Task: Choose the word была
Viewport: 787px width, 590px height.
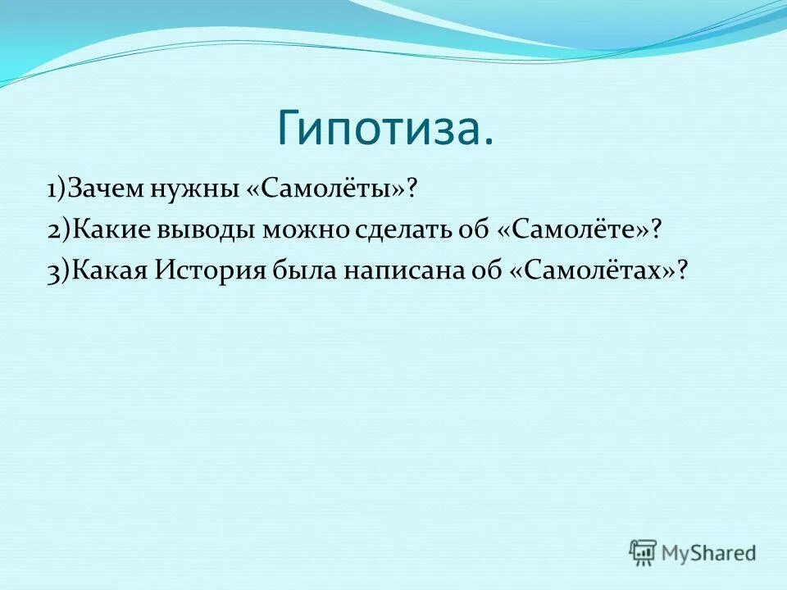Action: (304, 270)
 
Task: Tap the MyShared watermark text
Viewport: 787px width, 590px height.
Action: (708, 553)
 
